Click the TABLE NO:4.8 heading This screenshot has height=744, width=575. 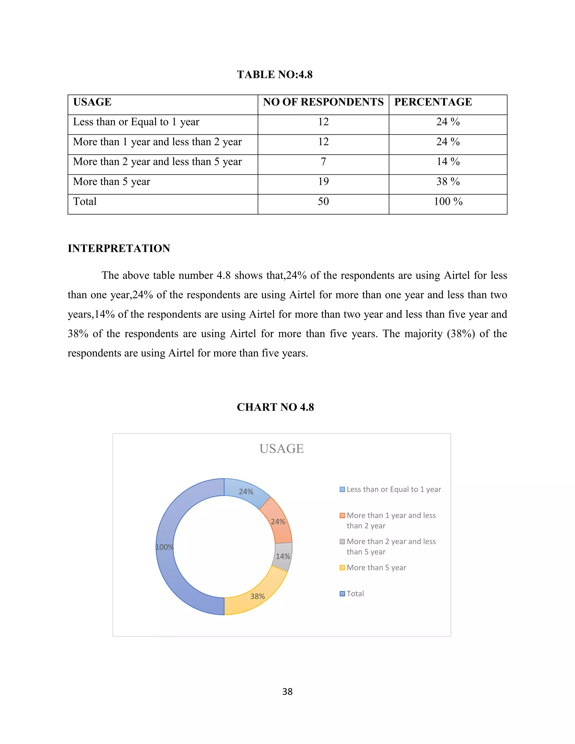point(275,74)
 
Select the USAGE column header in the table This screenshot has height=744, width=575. point(92,102)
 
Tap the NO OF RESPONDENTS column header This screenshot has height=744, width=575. point(323,102)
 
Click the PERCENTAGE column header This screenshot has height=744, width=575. point(433,102)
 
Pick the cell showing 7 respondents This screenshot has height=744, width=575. point(323,161)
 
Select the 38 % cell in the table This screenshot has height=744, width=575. point(448,182)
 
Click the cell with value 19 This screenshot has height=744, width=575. point(323,182)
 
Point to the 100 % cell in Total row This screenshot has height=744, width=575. point(448,201)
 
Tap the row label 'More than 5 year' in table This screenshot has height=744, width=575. point(112,182)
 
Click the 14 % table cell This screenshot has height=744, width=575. point(448,161)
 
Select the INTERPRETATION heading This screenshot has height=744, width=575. point(119,248)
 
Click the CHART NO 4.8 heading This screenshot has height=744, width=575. point(275,407)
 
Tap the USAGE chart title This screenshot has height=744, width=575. point(281,449)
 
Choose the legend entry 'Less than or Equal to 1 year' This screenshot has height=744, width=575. point(393,490)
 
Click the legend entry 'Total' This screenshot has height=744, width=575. point(355,594)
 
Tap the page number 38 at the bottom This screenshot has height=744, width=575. point(287,691)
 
